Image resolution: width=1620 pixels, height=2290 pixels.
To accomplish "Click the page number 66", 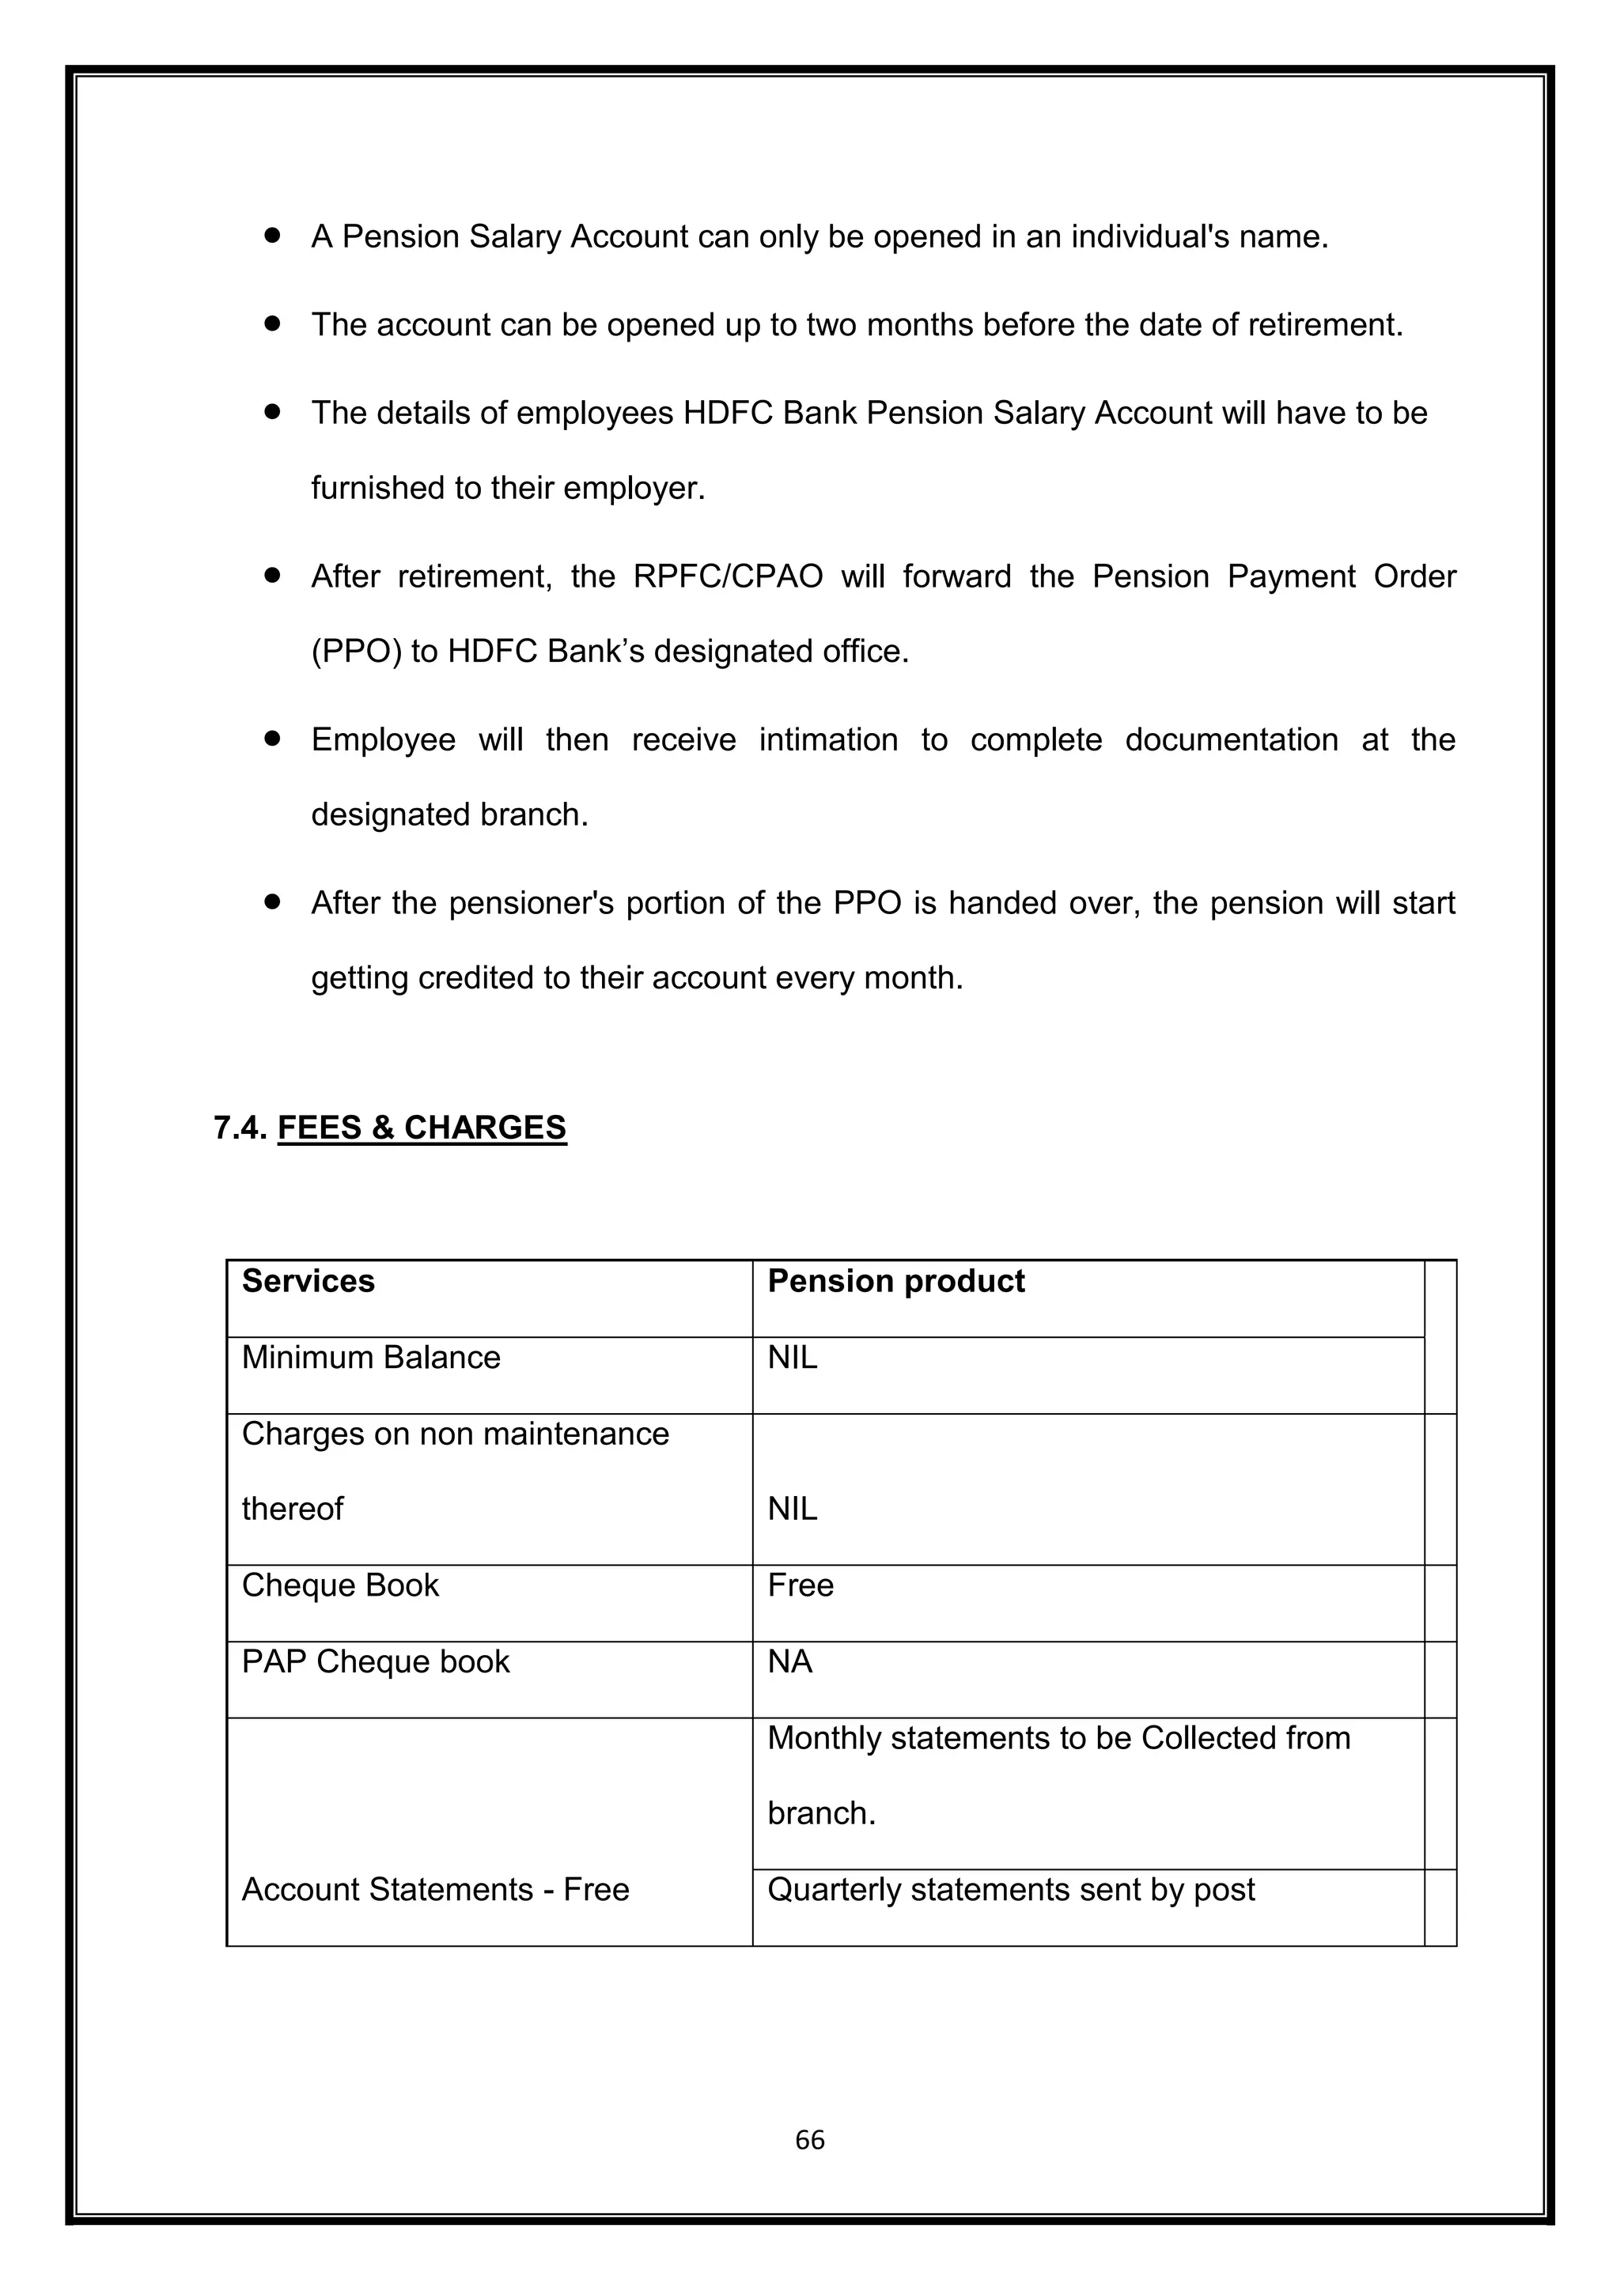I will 809,2140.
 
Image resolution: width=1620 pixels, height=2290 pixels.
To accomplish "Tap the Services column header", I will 308,1281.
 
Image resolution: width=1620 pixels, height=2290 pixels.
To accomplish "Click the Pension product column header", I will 895,1281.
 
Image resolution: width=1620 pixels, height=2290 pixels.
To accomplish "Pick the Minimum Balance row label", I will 370,1358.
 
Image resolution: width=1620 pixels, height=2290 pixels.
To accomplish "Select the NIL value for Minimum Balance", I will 792,1358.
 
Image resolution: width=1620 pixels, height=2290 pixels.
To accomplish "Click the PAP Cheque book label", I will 375,1661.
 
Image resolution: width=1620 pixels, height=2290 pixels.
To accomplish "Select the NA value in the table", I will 789,1661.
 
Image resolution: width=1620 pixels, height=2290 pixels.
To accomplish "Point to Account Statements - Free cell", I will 435,1889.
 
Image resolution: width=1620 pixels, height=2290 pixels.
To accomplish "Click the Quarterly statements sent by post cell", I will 1010,1889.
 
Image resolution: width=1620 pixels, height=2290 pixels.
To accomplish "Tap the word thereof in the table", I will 292,1508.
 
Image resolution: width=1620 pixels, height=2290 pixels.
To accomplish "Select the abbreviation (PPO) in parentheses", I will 356,652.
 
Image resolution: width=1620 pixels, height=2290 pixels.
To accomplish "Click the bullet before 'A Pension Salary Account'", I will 271,236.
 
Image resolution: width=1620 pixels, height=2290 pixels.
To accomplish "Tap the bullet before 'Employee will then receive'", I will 271,739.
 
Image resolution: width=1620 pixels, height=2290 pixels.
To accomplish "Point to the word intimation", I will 828,740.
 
